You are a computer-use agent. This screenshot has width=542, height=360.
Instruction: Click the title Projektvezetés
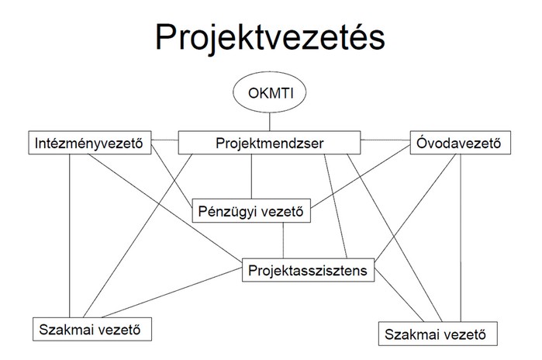(270, 38)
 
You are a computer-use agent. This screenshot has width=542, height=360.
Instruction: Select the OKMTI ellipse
(270, 92)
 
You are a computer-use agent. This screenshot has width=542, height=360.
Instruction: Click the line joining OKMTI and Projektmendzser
(270, 122)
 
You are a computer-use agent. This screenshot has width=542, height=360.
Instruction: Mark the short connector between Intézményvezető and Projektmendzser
(165, 140)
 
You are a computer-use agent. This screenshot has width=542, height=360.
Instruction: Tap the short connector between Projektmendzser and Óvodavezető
(385, 140)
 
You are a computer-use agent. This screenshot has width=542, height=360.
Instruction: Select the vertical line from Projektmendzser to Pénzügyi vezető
(251, 176)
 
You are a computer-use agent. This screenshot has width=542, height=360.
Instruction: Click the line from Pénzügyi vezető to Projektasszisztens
(283, 240)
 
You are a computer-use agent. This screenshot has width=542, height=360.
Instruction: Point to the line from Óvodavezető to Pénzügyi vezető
(361, 177)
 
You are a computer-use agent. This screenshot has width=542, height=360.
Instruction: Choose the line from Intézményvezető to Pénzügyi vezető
(172, 175)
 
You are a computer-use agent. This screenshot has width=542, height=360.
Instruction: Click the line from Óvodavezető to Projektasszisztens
(415, 207)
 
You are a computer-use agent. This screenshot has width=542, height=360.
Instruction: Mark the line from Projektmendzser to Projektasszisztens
(335, 206)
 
